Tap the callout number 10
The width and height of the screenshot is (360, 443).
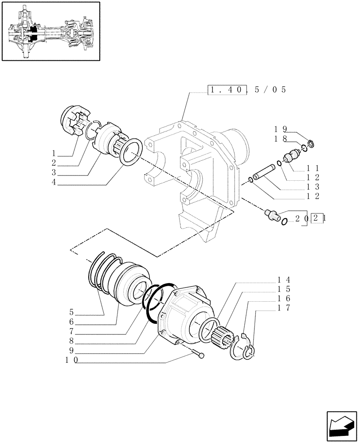70,360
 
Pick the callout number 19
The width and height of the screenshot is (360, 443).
280,129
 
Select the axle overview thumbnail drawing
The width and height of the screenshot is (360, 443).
50,31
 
